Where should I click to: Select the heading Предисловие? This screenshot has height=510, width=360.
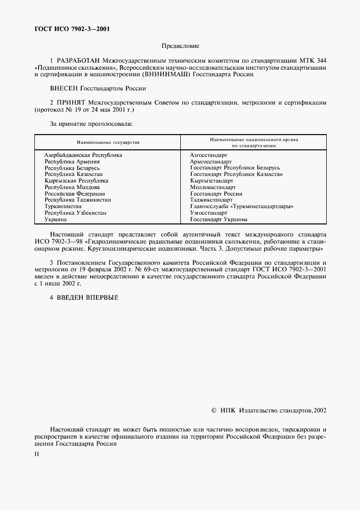click(x=180, y=46)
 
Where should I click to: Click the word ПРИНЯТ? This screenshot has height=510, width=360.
click(x=70, y=102)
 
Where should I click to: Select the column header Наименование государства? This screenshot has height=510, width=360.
click(x=108, y=142)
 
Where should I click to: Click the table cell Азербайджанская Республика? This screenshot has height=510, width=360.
click(x=83, y=155)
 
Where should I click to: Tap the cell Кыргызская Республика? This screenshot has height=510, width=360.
click(x=76, y=180)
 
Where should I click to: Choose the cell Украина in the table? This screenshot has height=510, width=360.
click(x=56, y=219)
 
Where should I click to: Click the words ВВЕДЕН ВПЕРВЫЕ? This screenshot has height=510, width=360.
click(x=87, y=297)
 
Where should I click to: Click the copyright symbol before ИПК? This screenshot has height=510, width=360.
click(x=213, y=409)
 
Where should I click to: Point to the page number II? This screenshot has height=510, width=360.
click(x=37, y=453)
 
